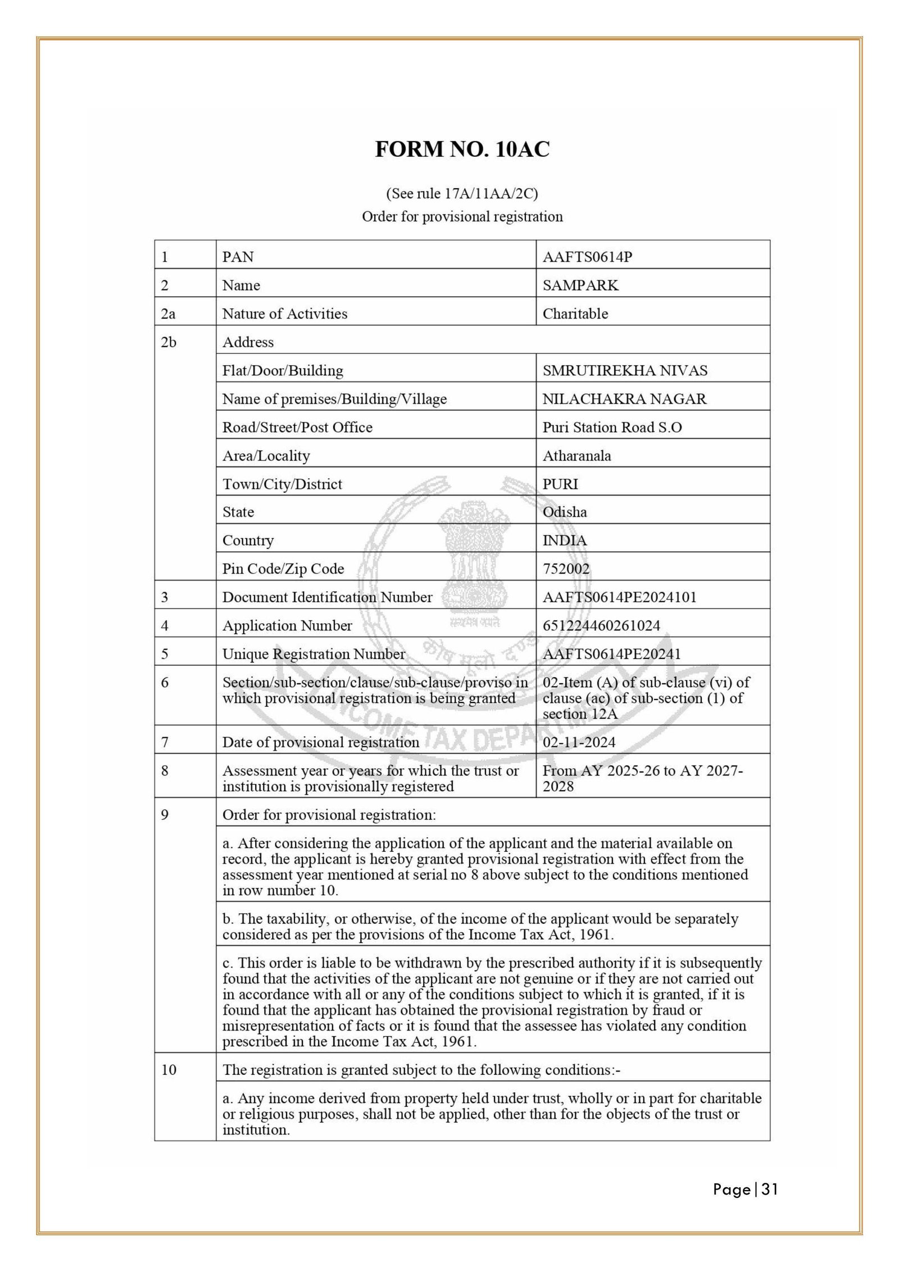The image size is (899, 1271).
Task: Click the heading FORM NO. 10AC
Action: point(462,149)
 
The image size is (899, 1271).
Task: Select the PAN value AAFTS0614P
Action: point(587,257)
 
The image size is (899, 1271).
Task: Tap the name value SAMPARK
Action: point(580,285)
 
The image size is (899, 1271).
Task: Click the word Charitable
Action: point(575,314)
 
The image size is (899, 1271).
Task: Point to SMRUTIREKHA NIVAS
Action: point(625,371)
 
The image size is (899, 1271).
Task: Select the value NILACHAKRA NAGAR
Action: point(624,399)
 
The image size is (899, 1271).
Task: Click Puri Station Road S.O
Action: point(612,428)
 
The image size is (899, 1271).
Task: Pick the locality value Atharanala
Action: point(576,456)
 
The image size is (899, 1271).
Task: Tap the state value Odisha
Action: point(564,512)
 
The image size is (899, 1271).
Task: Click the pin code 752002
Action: point(566,569)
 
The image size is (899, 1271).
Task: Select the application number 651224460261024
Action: point(601,625)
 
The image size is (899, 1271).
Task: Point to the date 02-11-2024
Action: point(579,742)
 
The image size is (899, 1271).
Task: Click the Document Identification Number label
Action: point(327,597)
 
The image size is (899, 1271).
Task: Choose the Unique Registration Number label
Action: point(314,654)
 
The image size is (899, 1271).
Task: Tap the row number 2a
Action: point(168,314)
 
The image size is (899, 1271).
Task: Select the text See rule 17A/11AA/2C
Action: point(462,194)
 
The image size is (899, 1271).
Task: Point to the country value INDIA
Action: point(564,541)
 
